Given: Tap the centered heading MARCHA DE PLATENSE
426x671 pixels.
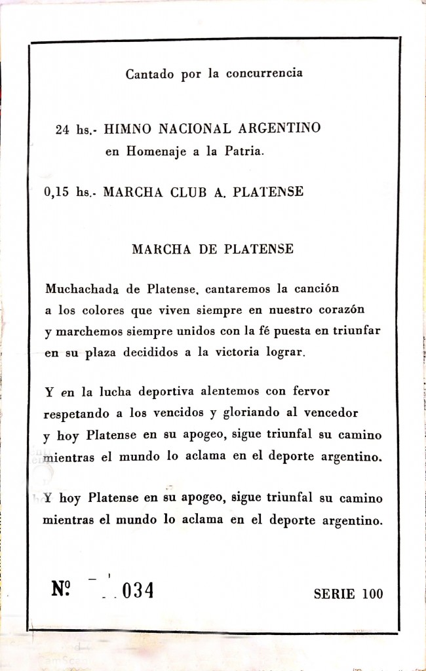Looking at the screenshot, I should coord(213,250).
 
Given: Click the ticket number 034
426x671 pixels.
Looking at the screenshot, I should coord(138,592).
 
